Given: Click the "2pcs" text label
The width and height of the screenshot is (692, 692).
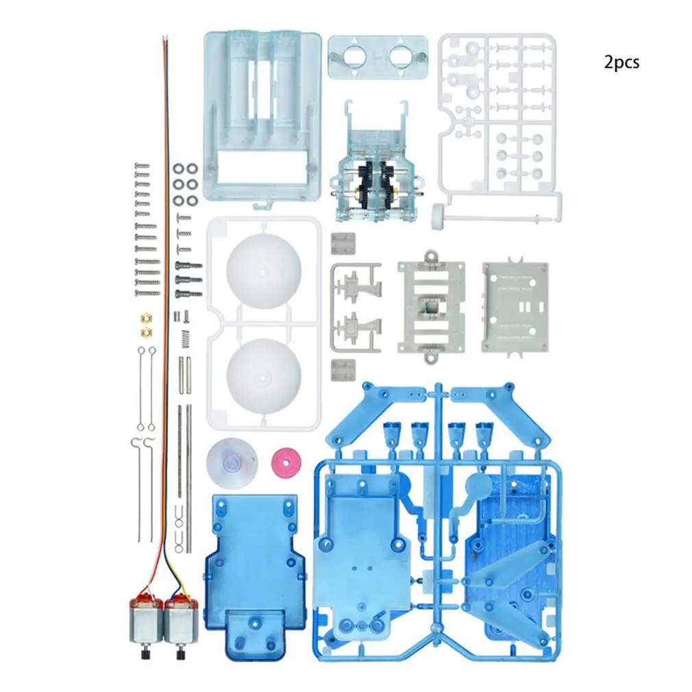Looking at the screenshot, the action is (x=621, y=62).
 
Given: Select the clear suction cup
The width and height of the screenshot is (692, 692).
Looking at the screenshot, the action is (x=232, y=463).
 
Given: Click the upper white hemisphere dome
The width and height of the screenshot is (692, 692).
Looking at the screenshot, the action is (x=264, y=271).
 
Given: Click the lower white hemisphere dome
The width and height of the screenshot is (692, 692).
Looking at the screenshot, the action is (x=264, y=376).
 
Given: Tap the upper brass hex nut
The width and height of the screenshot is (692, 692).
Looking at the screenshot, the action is (x=147, y=318).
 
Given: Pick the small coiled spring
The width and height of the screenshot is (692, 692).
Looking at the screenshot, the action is (x=186, y=338).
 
